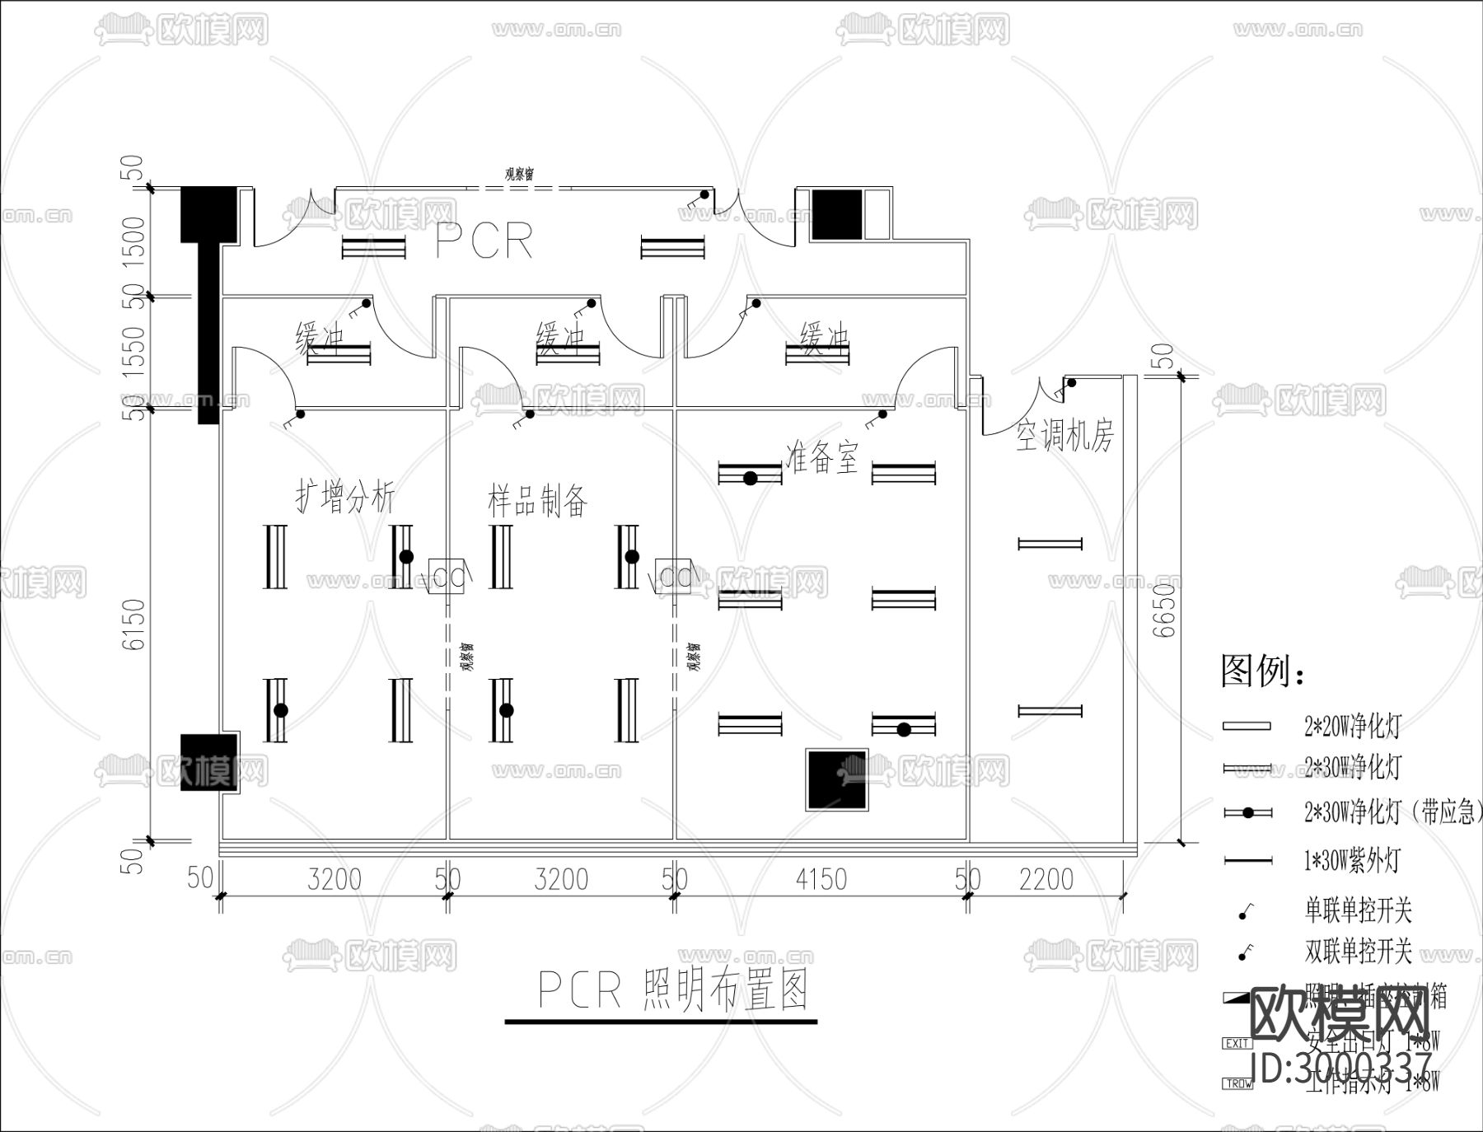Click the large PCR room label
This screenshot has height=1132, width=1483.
pyautogui.click(x=484, y=241)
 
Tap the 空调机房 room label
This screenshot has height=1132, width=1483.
pyautogui.click(x=1064, y=434)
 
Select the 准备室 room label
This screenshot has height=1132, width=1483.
pyautogui.click(x=822, y=456)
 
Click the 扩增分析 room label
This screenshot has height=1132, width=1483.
pyautogui.click(x=345, y=497)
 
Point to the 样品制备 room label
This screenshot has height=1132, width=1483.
pyautogui.click(x=537, y=500)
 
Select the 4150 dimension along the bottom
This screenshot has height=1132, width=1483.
pyautogui.click(x=821, y=879)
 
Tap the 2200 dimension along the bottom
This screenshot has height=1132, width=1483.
pyautogui.click(x=1046, y=879)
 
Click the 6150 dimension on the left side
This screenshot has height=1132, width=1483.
pyautogui.click(x=134, y=624)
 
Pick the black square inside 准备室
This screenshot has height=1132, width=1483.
pyautogui.click(x=837, y=779)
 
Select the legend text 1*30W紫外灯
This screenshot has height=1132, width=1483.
pyautogui.click(x=1351, y=861)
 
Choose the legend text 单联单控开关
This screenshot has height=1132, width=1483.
pyautogui.click(x=1358, y=910)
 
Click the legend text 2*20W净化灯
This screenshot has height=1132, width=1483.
pyautogui.click(x=1351, y=726)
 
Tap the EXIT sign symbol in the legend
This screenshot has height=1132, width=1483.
pyautogui.click(x=1237, y=1043)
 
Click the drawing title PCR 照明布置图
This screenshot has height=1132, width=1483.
pyautogui.click(x=671, y=989)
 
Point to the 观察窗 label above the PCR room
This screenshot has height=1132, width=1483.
pyautogui.click(x=519, y=174)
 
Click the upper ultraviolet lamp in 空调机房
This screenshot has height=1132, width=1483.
pyautogui.click(x=1050, y=544)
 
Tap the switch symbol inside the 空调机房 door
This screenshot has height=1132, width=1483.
pyautogui.click(x=1070, y=383)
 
